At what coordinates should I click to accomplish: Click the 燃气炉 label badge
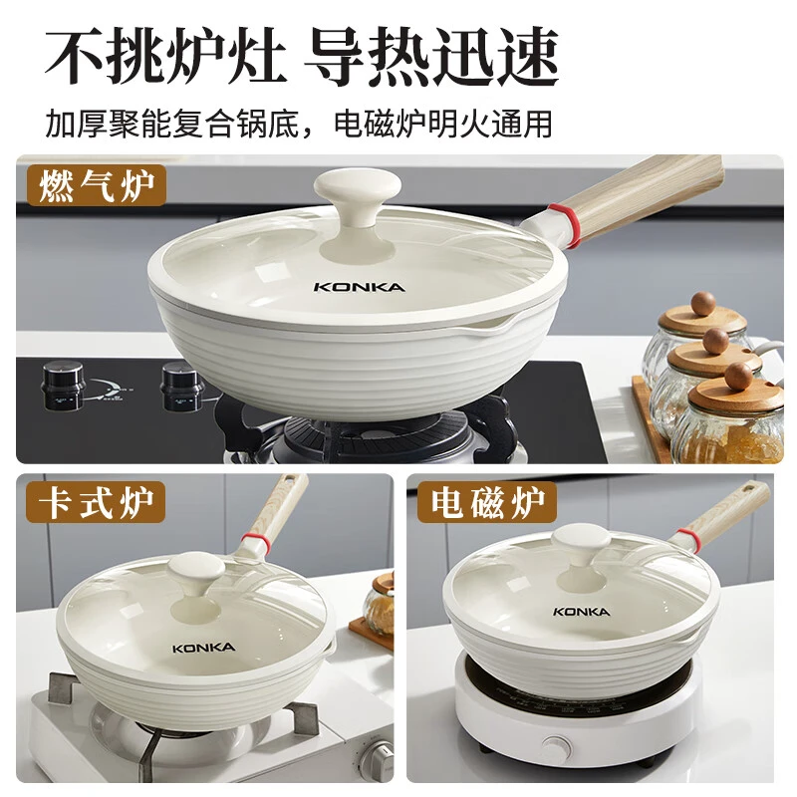point(96,185)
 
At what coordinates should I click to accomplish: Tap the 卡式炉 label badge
point(96,502)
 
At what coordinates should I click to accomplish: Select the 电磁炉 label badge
point(487,502)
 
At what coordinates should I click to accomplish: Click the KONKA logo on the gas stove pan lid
point(360,287)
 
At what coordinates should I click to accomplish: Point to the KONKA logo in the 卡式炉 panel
point(203,648)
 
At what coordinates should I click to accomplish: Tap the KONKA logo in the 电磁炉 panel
point(581,612)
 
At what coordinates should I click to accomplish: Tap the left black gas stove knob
point(62,385)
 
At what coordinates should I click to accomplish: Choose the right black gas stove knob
point(181,387)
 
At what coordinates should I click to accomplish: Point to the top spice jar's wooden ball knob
point(703,304)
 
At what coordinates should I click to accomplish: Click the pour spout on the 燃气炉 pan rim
point(494,324)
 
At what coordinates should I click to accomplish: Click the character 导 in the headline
point(335,56)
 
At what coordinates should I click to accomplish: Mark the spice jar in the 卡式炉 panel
point(380,605)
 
